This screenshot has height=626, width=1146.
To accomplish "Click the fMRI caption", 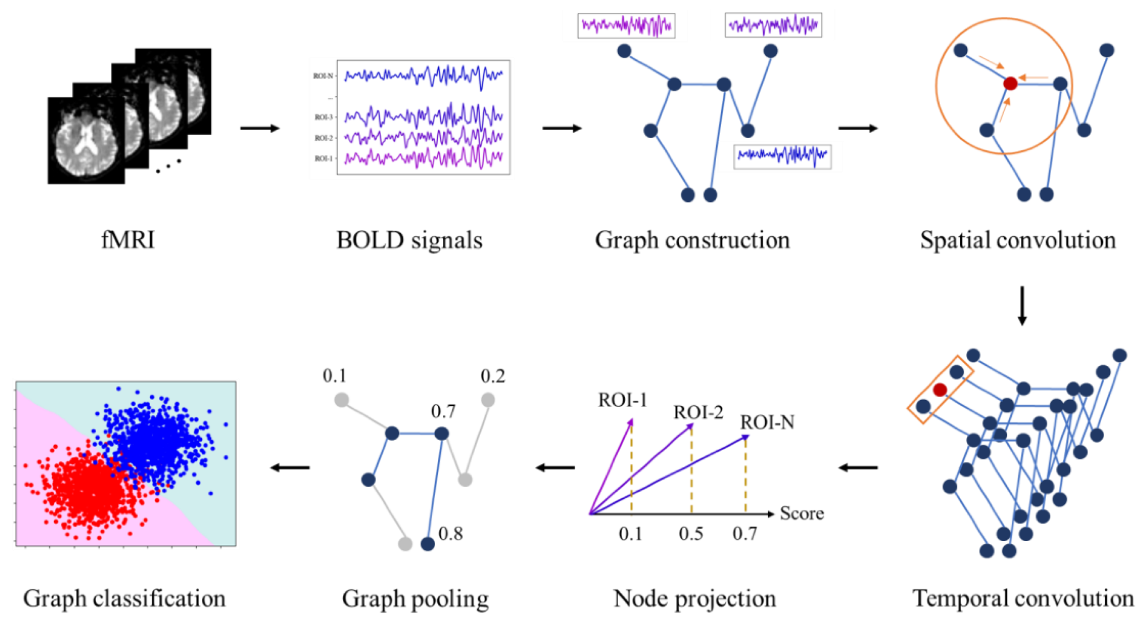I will pyautogui.click(x=128, y=240).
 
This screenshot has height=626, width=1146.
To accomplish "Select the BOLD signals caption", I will pyautogui.click(x=409, y=240).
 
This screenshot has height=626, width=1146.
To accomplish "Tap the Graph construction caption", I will pyautogui.click(x=692, y=240).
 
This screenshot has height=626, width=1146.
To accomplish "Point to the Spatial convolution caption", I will pyautogui.click(x=1018, y=240).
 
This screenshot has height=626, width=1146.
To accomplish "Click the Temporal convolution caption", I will pyautogui.click(x=1023, y=598).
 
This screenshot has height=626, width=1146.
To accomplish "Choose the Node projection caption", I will pyautogui.click(x=695, y=598).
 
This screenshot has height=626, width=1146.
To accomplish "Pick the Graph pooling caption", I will pyautogui.click(x=415, y=598).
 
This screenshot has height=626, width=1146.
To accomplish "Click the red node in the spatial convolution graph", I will pyautogui.click(x=1010, y=84).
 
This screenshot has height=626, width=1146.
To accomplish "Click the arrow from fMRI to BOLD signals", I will pyautogui.click(x=260, y=128).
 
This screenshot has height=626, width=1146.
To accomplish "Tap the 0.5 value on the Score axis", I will pyautogui.click(x=691, y=534).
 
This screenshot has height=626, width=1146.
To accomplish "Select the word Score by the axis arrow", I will pyautogui.click(x=802, y=513).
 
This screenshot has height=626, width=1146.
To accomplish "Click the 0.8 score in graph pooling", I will pyautogui.click(x=450, y=533).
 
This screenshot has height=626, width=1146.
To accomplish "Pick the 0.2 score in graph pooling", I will pyautogui.click(x=492, y=376).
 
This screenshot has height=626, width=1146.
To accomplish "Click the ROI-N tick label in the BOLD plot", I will pyautogui.click(x=323, y=76).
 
